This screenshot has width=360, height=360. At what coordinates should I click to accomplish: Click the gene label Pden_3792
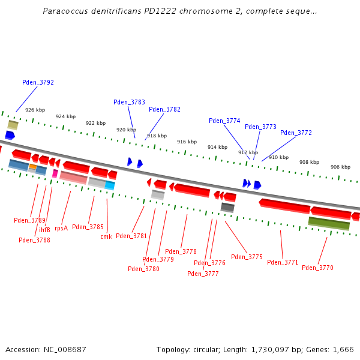click(38, 82)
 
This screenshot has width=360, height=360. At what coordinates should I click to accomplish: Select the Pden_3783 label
click(129, 102)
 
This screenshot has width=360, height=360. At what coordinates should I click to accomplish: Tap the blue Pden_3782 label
click(164, 109)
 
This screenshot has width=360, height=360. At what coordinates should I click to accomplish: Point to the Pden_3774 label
click(224, 121)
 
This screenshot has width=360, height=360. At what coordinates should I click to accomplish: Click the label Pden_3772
click(296, 133)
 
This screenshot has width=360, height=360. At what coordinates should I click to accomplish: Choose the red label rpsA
click(61, 228)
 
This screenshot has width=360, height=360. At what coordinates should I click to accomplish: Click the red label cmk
click(106, 236)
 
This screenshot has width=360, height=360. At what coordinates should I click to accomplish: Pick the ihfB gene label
click(45, 230)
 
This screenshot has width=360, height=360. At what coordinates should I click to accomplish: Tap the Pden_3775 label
click(247, 257)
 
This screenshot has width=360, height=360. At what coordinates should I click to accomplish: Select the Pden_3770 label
click(317, 268)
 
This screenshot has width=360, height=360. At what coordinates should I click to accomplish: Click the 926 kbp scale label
click(35, 110)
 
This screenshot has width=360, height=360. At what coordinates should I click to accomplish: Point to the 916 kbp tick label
click(187, 142)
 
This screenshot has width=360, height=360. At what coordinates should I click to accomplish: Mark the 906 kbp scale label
click(340, 167)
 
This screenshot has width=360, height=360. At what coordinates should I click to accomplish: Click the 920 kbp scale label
click(126, 130)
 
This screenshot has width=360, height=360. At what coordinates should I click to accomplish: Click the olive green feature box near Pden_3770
click(329, 223)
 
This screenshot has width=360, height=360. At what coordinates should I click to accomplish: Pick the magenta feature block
click(55, 173)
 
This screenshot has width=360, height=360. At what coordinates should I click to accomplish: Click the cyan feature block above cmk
click(110, 185)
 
